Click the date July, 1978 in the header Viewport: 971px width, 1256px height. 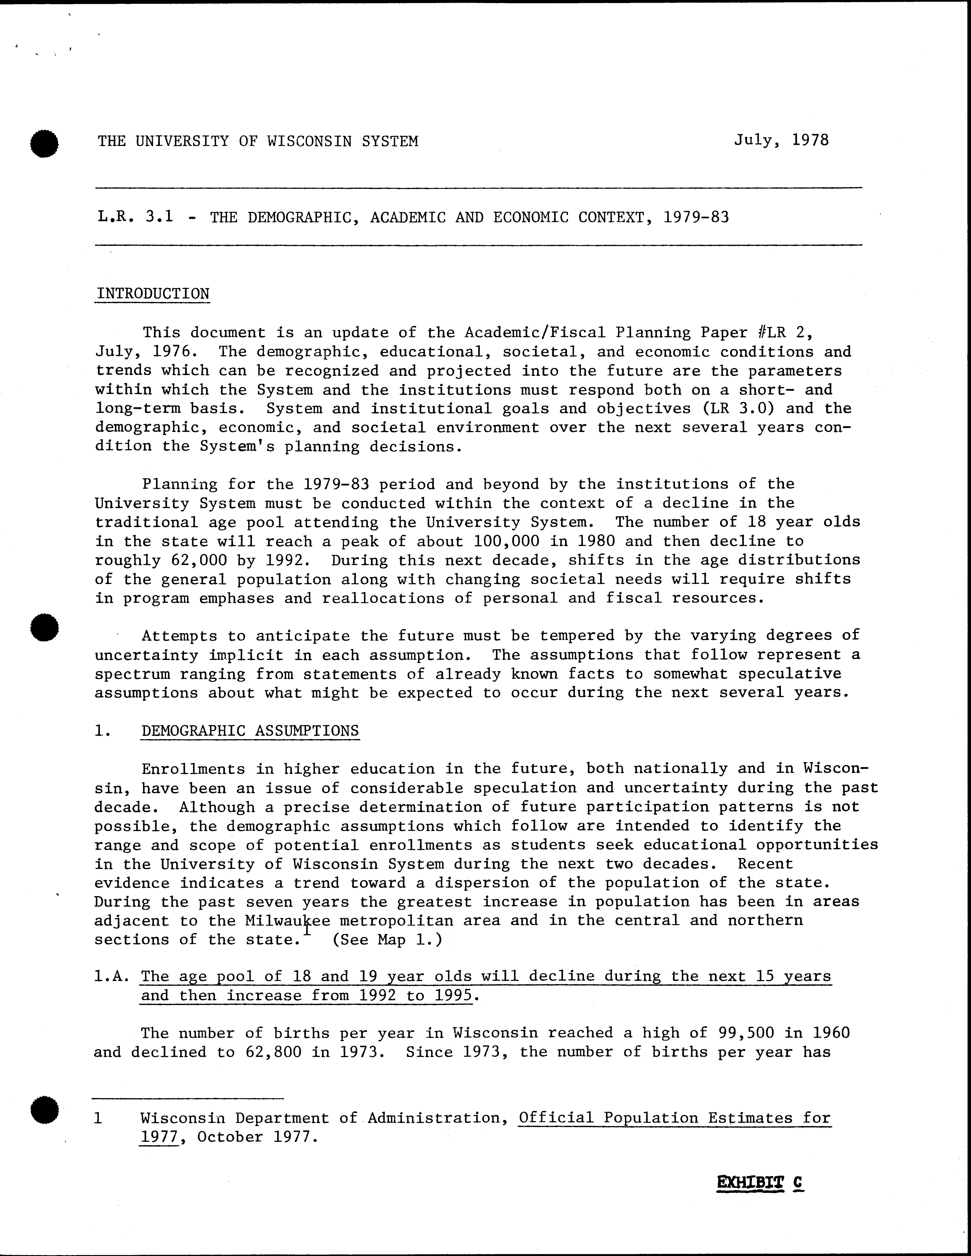tap(781, 140)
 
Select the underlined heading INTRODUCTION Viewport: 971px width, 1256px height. tap(153, 294)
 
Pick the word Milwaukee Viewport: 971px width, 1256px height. tap(287, 921)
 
